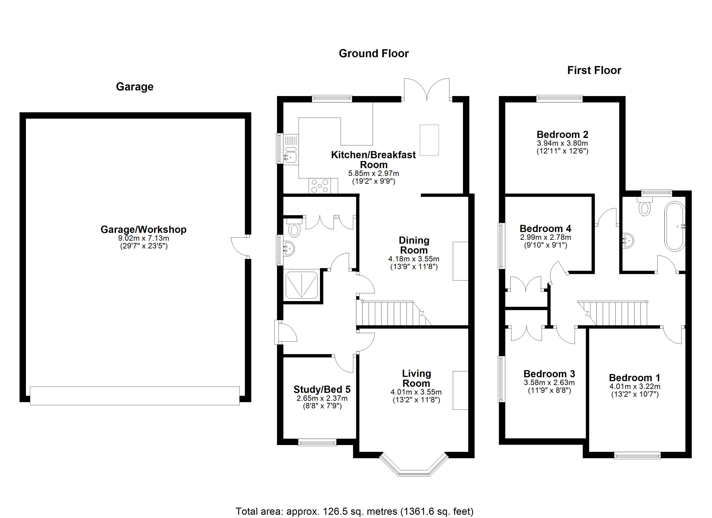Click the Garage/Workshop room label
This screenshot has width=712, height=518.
143,230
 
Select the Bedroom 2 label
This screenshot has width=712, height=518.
562,134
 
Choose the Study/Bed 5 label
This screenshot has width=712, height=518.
322,390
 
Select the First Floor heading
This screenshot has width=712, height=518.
594,70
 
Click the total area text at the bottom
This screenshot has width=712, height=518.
354,511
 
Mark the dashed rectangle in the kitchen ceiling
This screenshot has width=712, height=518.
429,140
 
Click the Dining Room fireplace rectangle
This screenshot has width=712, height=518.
460,261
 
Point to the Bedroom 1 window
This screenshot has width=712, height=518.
637,455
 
